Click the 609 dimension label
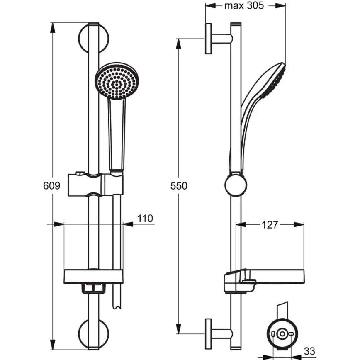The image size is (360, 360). point(52,186)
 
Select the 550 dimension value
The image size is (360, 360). point(179,186)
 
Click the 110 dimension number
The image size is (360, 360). point(144,218)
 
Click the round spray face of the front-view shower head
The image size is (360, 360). point(116,81)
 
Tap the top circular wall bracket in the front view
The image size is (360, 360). point(94,38)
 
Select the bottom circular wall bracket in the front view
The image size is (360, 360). point(94,334)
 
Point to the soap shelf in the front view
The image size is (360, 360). point(94,277)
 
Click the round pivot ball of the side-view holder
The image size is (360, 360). point(236,185)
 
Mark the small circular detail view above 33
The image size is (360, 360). point(283,334)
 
